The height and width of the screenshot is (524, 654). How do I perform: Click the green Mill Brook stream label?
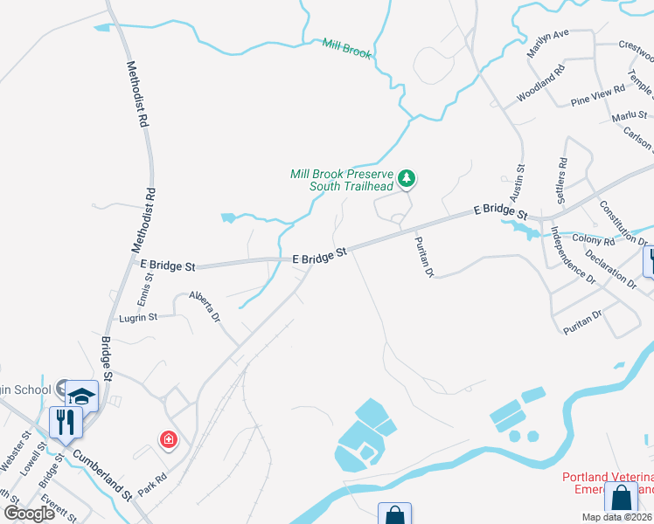346,48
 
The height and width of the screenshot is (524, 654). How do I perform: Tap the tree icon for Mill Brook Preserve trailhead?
406,179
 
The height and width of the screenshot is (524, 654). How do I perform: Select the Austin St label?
518,179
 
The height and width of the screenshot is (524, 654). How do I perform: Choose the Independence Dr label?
572,256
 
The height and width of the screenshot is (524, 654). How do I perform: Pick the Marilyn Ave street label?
548,45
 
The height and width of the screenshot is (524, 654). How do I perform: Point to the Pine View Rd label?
598,95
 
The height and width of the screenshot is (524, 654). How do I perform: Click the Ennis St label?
150,287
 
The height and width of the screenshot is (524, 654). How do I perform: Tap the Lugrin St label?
138,318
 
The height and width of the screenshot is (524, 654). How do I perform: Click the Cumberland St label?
101,474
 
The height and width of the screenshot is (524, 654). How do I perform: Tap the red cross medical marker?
167,440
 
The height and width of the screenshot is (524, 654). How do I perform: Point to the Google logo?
29,514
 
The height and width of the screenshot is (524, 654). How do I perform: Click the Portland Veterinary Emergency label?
607,483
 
